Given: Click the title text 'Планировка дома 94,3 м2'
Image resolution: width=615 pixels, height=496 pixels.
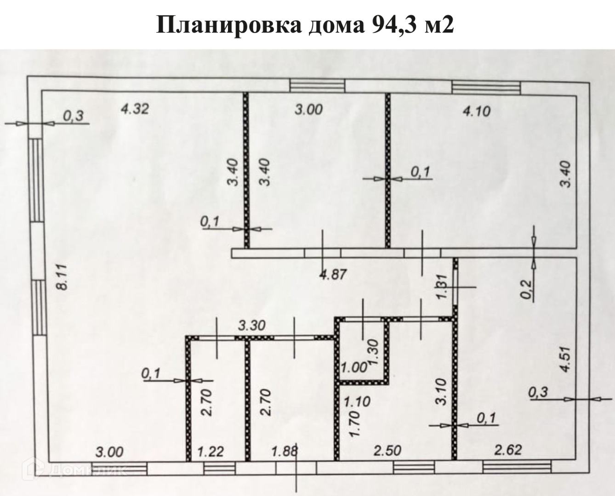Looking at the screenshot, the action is click(305, 25).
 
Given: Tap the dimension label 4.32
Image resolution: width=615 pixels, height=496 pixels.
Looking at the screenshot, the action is click(134, 109).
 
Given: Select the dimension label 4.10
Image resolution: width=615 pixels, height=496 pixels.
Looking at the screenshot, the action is click(477, 111).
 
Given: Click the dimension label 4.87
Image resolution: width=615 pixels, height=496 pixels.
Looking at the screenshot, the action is click(332, 275).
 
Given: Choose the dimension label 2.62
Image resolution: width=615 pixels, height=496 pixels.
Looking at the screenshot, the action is click(508, 449).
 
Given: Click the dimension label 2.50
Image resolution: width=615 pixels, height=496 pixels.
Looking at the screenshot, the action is click(387, 451).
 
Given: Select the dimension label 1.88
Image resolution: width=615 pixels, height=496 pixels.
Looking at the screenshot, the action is click(285, 451).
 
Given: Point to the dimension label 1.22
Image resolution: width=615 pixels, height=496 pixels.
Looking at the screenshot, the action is click(211, 451).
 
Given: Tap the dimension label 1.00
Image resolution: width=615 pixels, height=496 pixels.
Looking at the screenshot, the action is click(354, 367).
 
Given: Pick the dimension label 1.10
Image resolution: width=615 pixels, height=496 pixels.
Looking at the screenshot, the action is click(357, 402).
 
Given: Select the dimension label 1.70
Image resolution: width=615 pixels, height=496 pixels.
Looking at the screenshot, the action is click(354, 425).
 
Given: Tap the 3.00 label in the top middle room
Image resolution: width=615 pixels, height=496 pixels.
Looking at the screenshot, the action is click(308, 110).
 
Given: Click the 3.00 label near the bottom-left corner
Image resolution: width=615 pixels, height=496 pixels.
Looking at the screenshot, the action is click(109, 451).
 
